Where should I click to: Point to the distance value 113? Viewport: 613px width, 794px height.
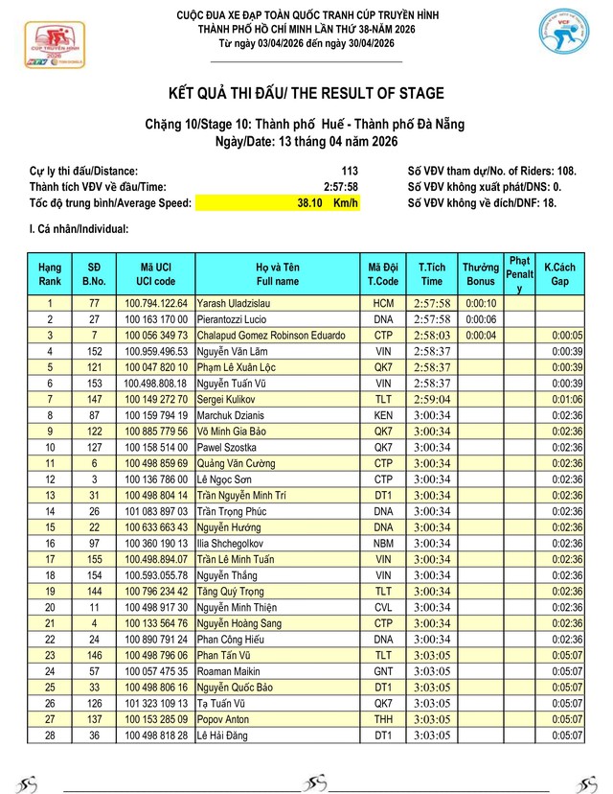349,171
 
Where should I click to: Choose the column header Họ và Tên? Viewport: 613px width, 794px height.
278,273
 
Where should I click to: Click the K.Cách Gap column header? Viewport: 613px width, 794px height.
559,273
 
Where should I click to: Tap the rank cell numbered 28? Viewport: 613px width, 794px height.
50,735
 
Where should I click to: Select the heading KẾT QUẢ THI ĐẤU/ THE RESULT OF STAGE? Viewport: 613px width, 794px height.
306,93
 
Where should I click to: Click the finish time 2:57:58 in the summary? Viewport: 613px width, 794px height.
340,187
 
